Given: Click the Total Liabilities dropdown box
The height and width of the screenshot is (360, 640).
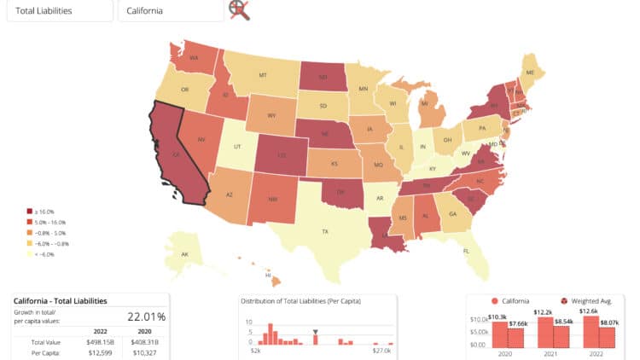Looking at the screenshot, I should (59, 11).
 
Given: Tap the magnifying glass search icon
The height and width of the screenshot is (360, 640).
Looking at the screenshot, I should (239, 10).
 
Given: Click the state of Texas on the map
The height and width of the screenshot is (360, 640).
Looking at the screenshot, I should (324, 230).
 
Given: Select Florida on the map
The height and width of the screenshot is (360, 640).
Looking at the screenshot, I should (466, 251).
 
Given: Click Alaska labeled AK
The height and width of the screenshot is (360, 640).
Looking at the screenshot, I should (184, 254).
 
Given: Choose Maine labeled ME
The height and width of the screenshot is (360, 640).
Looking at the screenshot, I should (531, 73).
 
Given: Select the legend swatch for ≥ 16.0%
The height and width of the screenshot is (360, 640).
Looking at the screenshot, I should (30, 212).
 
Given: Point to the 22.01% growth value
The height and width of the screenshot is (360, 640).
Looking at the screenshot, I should (146, 316).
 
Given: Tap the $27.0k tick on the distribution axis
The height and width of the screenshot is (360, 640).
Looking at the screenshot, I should (381, 351).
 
